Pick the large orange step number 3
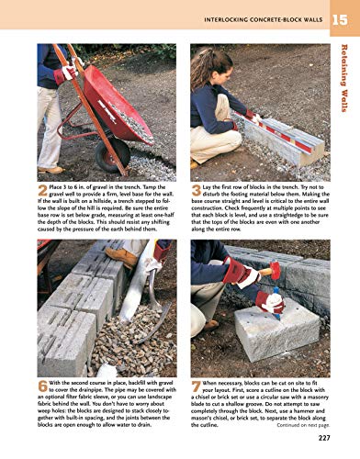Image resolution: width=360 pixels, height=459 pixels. pos(197,191)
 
